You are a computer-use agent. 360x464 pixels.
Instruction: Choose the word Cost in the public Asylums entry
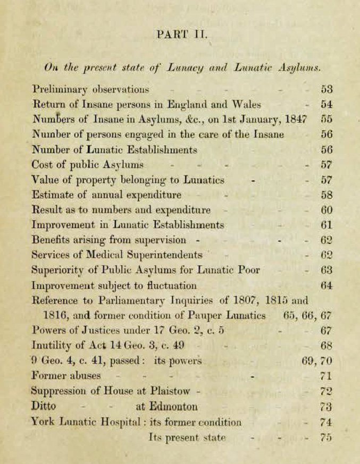43,165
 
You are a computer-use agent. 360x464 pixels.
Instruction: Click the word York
44,423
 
